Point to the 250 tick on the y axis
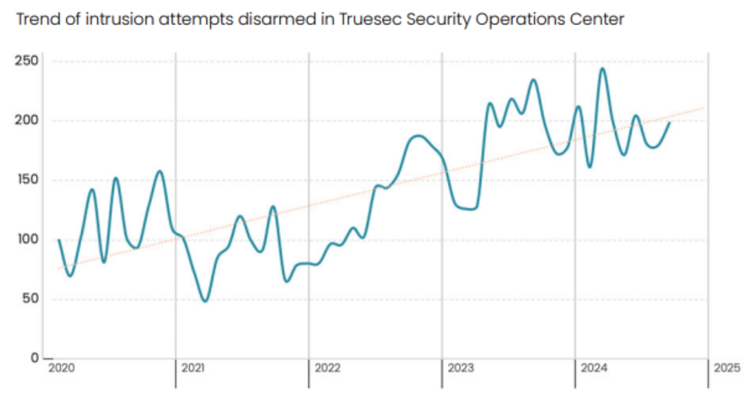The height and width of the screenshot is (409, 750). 26,61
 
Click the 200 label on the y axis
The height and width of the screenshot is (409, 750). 26,120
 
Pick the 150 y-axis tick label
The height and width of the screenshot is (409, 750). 26,180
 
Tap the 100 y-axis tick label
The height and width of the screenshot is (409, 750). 26,240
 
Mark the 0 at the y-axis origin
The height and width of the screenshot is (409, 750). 34,358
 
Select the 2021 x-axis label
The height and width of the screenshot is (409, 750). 193,368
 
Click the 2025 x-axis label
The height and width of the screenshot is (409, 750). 727,368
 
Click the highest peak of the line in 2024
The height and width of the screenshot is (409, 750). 602,69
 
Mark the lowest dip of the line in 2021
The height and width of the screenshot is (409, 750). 205,301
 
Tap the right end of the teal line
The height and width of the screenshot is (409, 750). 670,122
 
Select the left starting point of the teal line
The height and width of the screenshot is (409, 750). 58,240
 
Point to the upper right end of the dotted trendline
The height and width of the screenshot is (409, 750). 704,108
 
